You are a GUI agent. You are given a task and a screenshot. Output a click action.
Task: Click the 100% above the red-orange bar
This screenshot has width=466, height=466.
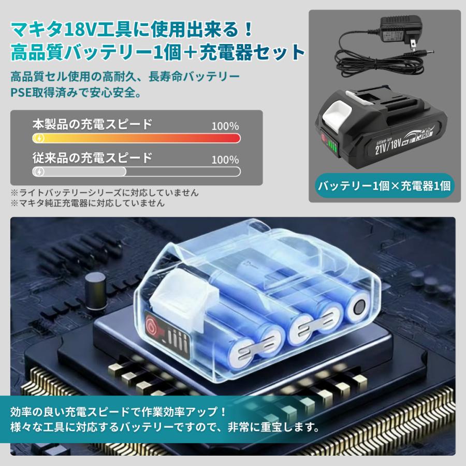pyautogui.click(x=225, y=126)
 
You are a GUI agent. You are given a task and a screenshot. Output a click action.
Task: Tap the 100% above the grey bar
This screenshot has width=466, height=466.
pyautogui.click(x=225, y=159)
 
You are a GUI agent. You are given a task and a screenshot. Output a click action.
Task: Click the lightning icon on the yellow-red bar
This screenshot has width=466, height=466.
pyautogui.click(x=39, y=138)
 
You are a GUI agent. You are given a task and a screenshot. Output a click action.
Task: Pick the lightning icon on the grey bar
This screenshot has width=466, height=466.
pyautogui.click(x=39, y=171)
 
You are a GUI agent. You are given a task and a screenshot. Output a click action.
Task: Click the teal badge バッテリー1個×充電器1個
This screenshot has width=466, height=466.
pyautogui.click(x=383, y=184)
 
